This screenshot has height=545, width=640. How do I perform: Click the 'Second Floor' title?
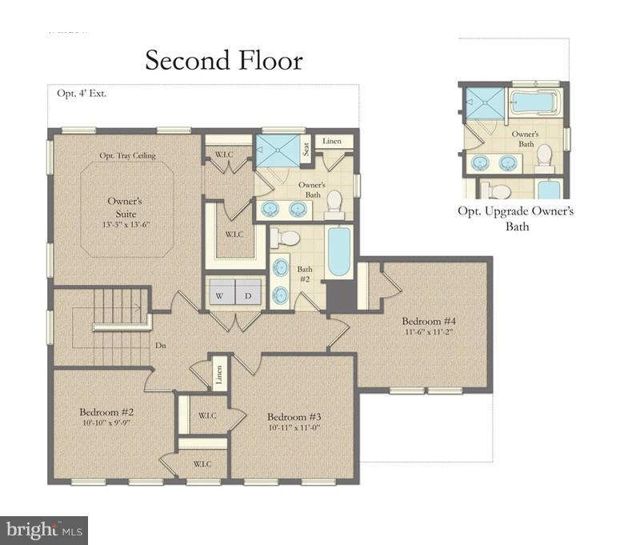pyautogui.click(x=224, y=60)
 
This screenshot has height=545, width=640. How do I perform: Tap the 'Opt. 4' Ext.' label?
pyautogui.click(x=82, y=93)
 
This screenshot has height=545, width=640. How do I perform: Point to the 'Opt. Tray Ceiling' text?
pyautogui.click(x=127, y=155)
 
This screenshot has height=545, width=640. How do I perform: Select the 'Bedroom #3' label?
pyautogui.click(x=294, y=417)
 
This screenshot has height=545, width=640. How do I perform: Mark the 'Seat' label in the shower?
pyautogui.click(x=306, y=149)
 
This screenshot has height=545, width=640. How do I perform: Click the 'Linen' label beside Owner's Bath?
pyautogui.click(x=332, y=142)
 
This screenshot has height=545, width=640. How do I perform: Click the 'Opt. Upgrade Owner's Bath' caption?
pyautogui.click(x=515, y=218)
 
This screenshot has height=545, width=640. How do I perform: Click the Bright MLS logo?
pyautogui.click(x=44, y=530)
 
